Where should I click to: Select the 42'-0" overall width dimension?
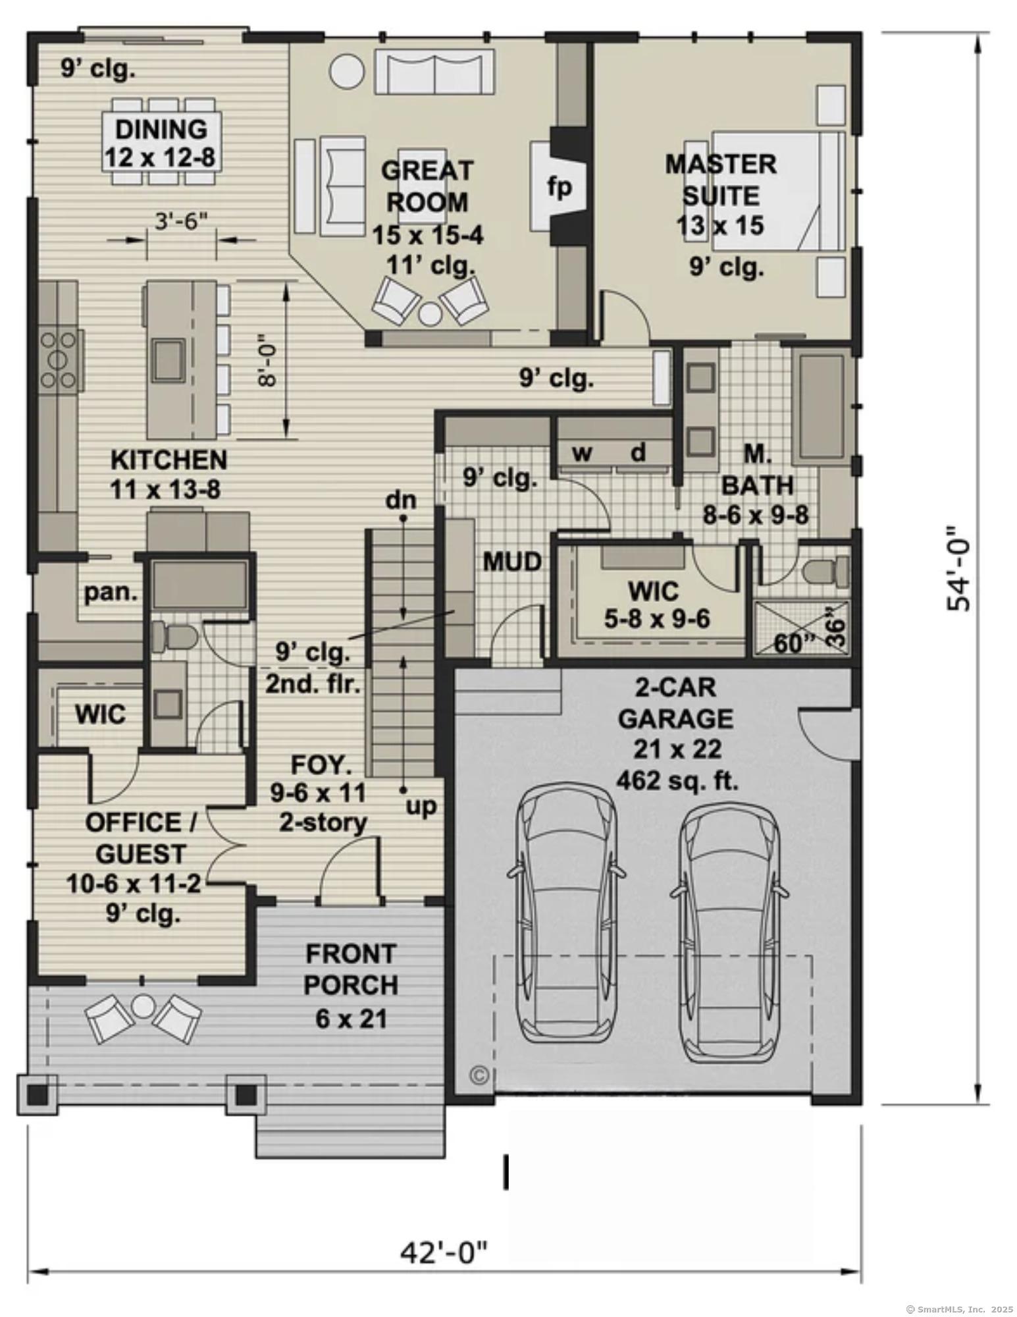446,1252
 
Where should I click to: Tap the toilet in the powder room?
174,637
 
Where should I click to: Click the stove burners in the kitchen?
59,359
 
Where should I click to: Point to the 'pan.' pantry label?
111,593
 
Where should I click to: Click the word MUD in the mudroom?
512,562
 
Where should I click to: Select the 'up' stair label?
421,805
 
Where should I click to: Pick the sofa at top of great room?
434,71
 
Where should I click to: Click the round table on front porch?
143,1006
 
